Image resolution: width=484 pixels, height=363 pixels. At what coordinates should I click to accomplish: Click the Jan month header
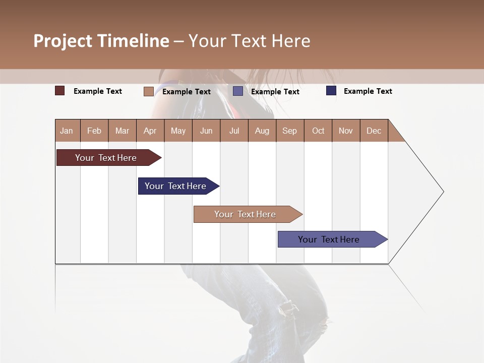tap(67, 131)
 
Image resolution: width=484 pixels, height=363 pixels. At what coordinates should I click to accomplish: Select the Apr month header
tap(150, 131)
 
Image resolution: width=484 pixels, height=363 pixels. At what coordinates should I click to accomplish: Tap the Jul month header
tap(234, 131)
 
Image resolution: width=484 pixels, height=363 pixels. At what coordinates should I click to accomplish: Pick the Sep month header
tap(290, 131)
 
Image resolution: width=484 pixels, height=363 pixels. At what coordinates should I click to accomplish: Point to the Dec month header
tap(374, 131)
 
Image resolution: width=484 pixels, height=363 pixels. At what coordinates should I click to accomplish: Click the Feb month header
tap(94, 131)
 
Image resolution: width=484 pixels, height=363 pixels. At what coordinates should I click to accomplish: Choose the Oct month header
tap(318, 131)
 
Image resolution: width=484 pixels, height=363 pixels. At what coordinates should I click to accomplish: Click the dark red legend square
tap(60, 91)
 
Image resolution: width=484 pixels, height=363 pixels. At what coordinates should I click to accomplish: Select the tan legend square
tap(149, 91)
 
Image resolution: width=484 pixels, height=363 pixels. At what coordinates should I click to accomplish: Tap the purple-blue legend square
tap(238, 91)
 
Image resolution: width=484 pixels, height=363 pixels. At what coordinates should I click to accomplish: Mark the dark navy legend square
tap(331, 91)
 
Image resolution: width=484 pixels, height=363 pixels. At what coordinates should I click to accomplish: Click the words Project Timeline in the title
tap(101, 41)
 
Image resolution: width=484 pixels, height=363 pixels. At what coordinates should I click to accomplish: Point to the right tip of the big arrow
tap(443, 192)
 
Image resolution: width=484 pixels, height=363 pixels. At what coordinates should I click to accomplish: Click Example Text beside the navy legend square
tap(368, 91)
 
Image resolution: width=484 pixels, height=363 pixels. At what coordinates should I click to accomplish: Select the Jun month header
tap(206, 131)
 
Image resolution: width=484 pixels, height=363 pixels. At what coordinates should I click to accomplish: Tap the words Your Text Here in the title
tap(250, 41)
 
